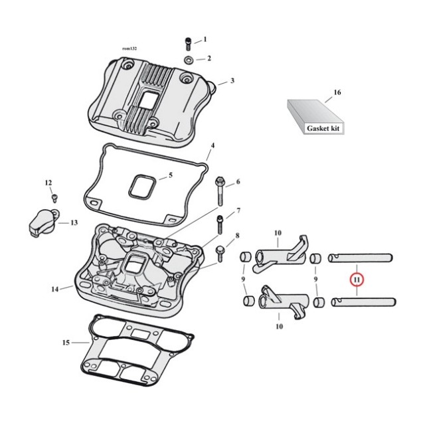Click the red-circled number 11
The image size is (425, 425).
tap(357, 280)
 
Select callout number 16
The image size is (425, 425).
tap(337, 92)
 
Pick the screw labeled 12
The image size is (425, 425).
tap(55, 197)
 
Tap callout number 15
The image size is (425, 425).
tap(65, 343)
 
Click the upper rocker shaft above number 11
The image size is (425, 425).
tap(364, 258)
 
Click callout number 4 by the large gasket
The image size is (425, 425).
tap(212, 145)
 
